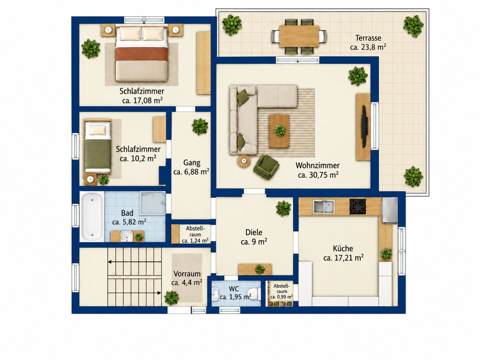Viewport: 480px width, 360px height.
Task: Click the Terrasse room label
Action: tap(368, 38)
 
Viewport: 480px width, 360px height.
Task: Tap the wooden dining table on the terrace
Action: tap(299, 36)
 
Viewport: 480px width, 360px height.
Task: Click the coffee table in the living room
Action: tap(279, 131)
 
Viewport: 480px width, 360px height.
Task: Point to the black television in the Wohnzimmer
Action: tap(364, 126)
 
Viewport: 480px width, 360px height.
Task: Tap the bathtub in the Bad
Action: tap(92, 217)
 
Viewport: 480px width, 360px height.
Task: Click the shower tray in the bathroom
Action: tap(153, 203)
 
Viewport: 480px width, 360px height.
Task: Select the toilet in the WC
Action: tap(254, 294)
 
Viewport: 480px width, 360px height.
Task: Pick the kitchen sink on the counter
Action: tap(324, 206)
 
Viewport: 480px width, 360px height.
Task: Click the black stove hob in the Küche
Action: tap(358, 206)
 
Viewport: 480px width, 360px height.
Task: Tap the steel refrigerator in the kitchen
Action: tap(389, 210)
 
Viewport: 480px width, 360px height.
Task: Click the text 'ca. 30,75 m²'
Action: tap(318, 175)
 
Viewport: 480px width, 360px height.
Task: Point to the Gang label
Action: tap(192, 163)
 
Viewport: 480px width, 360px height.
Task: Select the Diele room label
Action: tap(254, 232)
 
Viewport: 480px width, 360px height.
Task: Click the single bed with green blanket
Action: tap(98, 146)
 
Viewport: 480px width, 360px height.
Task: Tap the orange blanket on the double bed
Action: tap(142, 54)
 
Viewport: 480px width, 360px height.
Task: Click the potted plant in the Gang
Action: tap(200, 127)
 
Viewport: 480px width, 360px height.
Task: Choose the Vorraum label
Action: tap(187, 274)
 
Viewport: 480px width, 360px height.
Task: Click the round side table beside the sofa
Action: tap(244, 161)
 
